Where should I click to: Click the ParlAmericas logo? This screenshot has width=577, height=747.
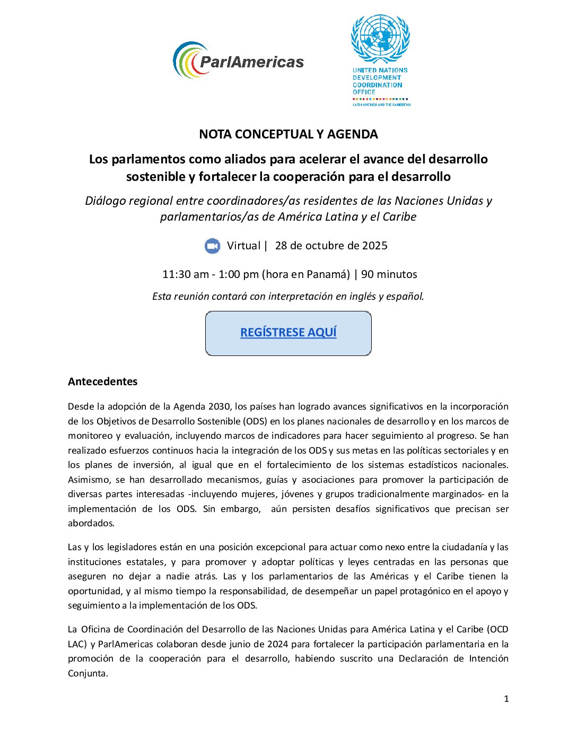[238, 60]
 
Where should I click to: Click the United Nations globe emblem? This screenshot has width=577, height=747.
[380, 39]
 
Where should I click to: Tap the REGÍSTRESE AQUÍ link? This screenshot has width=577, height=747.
[288, 333]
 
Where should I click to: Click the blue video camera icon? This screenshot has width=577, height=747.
[212, 246]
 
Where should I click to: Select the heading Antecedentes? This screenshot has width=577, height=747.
[102, 381]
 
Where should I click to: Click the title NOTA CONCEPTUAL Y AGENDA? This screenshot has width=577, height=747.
[288, 134]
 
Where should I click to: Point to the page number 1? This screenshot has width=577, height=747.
[506, 699]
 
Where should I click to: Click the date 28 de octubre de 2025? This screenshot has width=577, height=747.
[331, 246]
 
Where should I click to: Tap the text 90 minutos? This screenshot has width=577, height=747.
[389, 274]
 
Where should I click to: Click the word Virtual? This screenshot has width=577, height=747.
[243, 246]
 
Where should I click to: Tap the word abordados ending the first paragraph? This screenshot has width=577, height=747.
[91, 523]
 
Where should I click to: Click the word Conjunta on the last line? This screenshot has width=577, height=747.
[88, 673]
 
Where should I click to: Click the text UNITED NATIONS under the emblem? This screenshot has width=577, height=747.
[380, 70]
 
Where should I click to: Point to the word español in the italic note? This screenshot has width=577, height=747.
[405, 297]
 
